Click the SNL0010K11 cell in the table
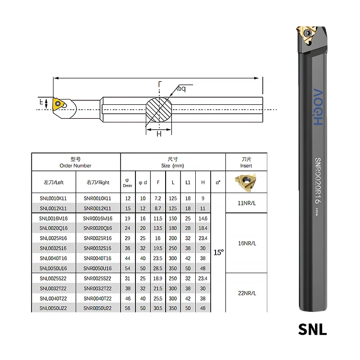tap(53, 198)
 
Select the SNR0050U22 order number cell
tap(97, 308)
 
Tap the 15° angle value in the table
tap(218, 252)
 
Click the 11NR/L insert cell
tap(246, 203)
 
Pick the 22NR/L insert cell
tap(246, 293)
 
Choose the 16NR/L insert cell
tap(246, 243)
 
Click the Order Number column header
tap(75, 162)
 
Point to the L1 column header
tap(188, 182)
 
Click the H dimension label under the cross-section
tap(159, 134)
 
